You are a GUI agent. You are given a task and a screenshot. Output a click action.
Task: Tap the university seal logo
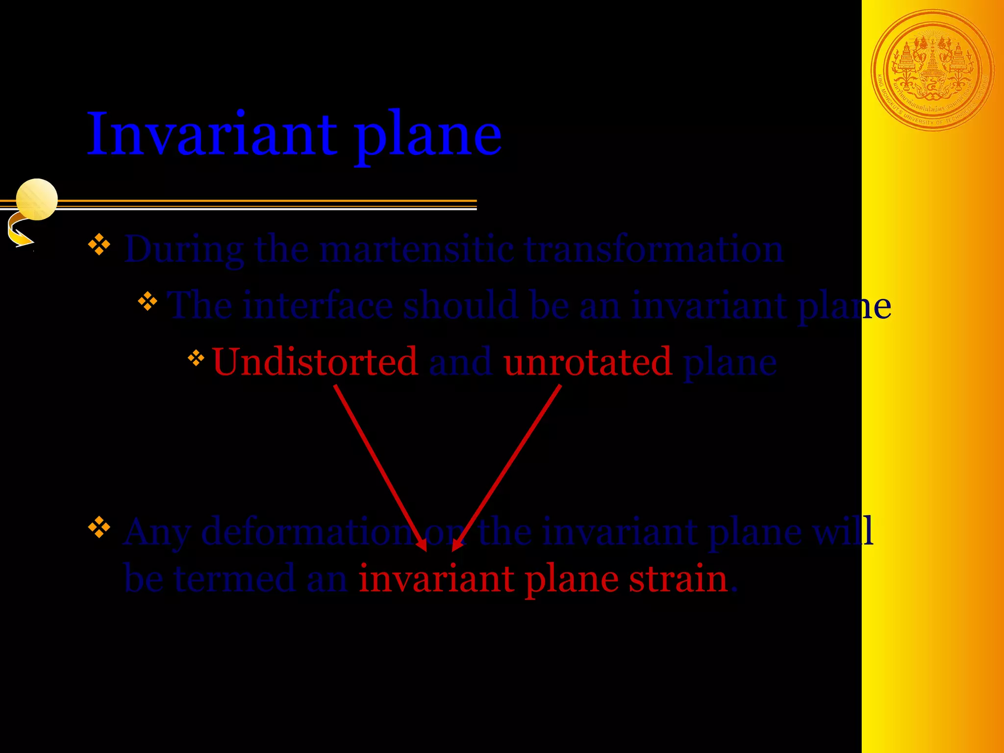(932, 71)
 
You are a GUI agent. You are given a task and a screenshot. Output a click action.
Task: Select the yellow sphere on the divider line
(37, 200)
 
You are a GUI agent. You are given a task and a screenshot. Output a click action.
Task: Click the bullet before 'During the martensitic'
(100, 245)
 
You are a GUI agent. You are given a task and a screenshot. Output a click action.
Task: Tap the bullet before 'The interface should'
(148, 301)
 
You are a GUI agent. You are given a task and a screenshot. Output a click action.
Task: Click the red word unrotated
(587, 362)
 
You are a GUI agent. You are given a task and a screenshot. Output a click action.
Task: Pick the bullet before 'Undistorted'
(196, 358)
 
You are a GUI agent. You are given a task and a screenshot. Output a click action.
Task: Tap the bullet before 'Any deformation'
(100, 527)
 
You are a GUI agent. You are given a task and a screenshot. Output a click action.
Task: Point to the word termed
(235, 578)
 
